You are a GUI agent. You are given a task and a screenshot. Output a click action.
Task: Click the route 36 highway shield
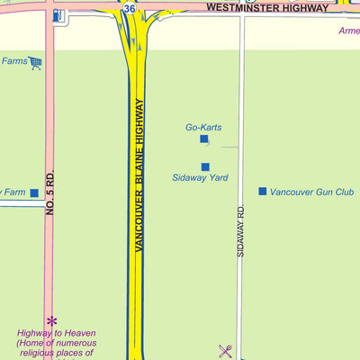(130, 8)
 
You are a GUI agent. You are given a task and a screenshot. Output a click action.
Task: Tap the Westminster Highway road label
(267, 7)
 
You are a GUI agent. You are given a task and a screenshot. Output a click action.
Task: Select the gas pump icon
(58, 16)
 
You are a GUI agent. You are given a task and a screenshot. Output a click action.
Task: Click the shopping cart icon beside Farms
(35, 62)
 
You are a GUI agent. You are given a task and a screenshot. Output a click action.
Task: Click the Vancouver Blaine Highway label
(139, 174)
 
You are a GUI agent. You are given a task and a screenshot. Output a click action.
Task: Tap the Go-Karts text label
(203, 127)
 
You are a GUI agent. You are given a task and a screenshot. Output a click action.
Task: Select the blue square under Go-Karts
(204, 139)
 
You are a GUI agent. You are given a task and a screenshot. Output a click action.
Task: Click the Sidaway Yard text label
(200, 178)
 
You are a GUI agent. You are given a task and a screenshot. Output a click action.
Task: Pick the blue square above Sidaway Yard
(205, 166)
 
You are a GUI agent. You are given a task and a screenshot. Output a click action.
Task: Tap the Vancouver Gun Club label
(311, 192)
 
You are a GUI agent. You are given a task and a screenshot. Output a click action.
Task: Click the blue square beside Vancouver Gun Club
(263, 191)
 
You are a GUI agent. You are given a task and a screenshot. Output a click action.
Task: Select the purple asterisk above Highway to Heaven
(51, 320)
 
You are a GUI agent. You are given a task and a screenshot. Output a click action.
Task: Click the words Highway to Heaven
(56, 333)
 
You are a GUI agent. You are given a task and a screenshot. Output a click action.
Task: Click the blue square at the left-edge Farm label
(34, 193)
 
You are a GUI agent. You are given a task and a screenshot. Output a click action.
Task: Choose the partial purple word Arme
(348, 31)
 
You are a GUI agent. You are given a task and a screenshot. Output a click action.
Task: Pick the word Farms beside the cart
(13, 61)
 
